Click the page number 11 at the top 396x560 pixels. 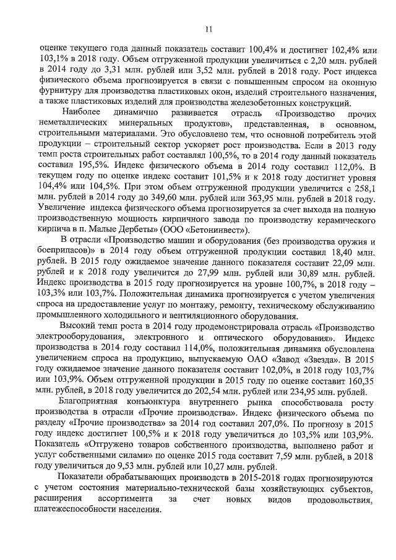click(208, 28)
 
